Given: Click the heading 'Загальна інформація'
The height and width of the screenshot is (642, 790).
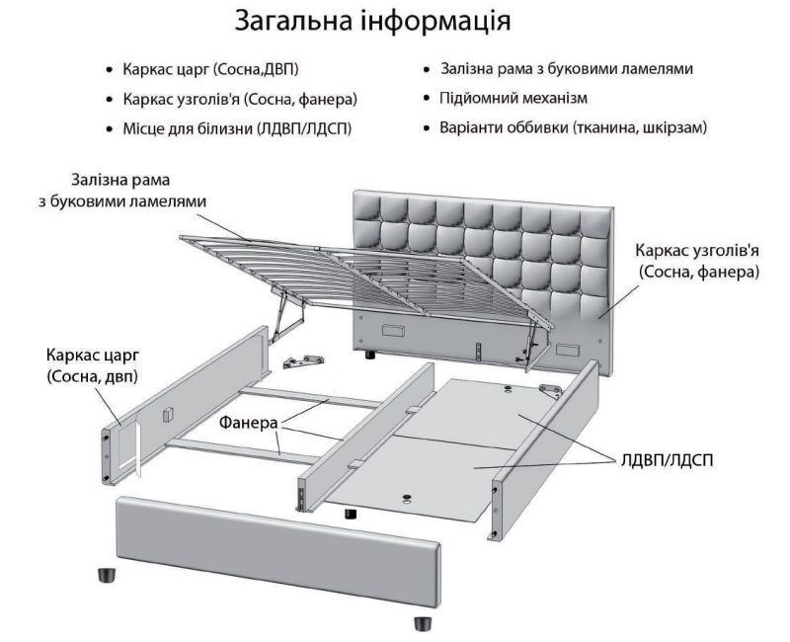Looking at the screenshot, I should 373,21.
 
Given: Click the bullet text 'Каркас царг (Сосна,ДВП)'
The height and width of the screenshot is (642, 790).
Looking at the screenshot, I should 210,70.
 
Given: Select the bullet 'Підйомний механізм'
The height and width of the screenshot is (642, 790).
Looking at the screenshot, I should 513,99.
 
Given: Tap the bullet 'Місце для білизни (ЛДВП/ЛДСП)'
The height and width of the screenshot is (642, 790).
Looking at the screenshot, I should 238,128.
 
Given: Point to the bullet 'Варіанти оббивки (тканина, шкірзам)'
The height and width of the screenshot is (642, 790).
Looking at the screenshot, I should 574,128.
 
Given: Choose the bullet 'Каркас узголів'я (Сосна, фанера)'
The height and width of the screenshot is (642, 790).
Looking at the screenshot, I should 240,100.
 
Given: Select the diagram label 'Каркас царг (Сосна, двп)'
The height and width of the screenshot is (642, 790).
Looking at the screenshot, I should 92,364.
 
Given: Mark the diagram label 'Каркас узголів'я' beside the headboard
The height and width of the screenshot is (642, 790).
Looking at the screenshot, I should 698,260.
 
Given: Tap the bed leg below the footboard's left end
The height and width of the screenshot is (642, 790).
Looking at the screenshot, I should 105,573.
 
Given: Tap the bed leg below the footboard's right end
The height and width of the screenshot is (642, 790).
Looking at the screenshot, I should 422,623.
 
